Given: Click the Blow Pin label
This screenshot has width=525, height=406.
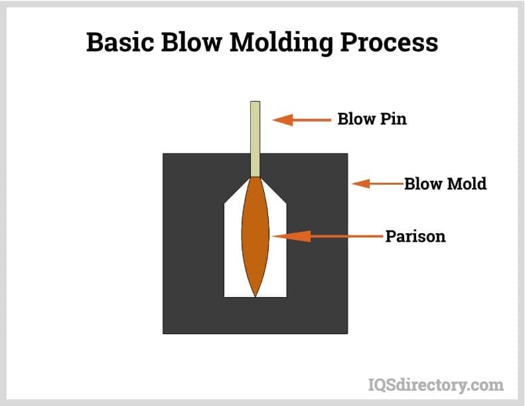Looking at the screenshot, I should pos(372,120).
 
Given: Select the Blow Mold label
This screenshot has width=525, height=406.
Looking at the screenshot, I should pos(445,183).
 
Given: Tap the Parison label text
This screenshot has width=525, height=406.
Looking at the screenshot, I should pos(415,237).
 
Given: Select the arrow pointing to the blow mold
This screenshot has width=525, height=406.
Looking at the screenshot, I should pos(378,183).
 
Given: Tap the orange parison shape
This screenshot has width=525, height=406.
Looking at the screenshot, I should pos(256,236).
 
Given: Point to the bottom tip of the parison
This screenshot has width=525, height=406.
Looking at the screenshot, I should pos(256,296).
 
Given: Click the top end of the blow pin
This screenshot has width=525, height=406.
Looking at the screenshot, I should pos(255,103).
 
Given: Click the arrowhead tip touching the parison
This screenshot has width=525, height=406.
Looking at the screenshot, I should pos(274,236).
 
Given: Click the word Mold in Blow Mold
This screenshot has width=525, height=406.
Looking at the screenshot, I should pos(466,183).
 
